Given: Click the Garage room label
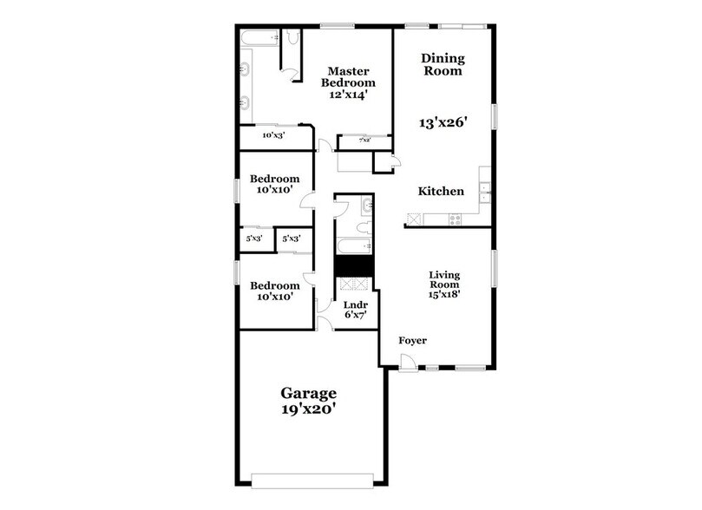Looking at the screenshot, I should (307, 393).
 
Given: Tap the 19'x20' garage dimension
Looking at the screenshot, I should (307, 409).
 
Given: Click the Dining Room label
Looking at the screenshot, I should (443, 65).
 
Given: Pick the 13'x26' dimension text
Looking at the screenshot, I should (444, 123).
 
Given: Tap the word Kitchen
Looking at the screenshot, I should (441, 192).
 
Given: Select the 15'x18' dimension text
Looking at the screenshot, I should (443, 293).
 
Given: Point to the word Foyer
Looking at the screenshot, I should (412, 341).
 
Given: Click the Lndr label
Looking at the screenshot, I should (356, 305).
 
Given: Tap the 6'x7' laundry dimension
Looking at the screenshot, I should (356, 316).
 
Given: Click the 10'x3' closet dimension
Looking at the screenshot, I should (274, 135).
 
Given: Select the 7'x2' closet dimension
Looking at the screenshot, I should (365, 139).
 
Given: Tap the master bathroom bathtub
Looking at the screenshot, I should (260, 37).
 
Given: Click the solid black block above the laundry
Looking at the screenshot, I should (354, 266).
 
